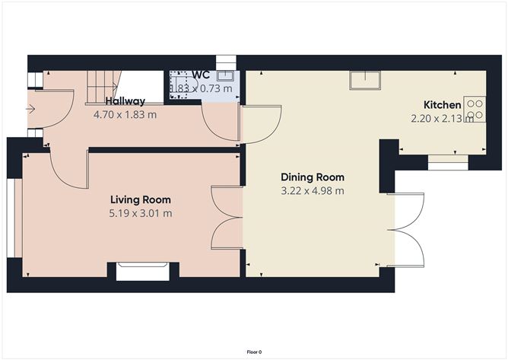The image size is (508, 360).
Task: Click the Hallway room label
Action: pyautogui.click(x=125, y=101)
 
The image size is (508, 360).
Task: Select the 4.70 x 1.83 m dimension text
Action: pyautogui.click(x=125, y=115)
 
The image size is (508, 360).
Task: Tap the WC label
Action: pyautogui.click(x=201, y=74)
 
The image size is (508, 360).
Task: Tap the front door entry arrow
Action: pyautogui.click(x=30, y=110)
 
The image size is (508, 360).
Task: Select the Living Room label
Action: pyautogui.click(x=141, y=199)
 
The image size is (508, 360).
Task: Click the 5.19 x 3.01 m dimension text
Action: pyautogui.click(x=141, y=212)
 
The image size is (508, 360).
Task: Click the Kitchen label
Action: pyautogui.click(x=442, y=105)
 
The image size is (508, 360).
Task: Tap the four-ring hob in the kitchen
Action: pyautogui.click(x=475, y=109)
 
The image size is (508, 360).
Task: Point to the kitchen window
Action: pyautogui.click(x=446, y=160)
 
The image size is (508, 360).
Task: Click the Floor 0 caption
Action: pyautogui.click(x=254, y=352)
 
